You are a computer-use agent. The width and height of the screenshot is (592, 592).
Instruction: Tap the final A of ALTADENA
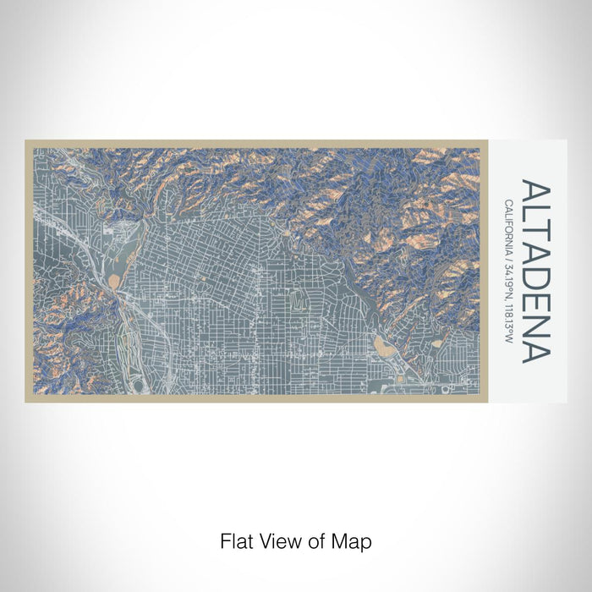click(x=535, y=350)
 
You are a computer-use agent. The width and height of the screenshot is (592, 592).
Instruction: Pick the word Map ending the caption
click(x=354, y=540)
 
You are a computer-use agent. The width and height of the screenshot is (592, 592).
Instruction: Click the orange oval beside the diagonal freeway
click(x=114, y=278)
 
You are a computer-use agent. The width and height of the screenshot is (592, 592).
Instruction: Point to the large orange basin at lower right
click(x=382, y=346)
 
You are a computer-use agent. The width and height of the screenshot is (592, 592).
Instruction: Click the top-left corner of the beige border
click(x=27, y=142)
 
